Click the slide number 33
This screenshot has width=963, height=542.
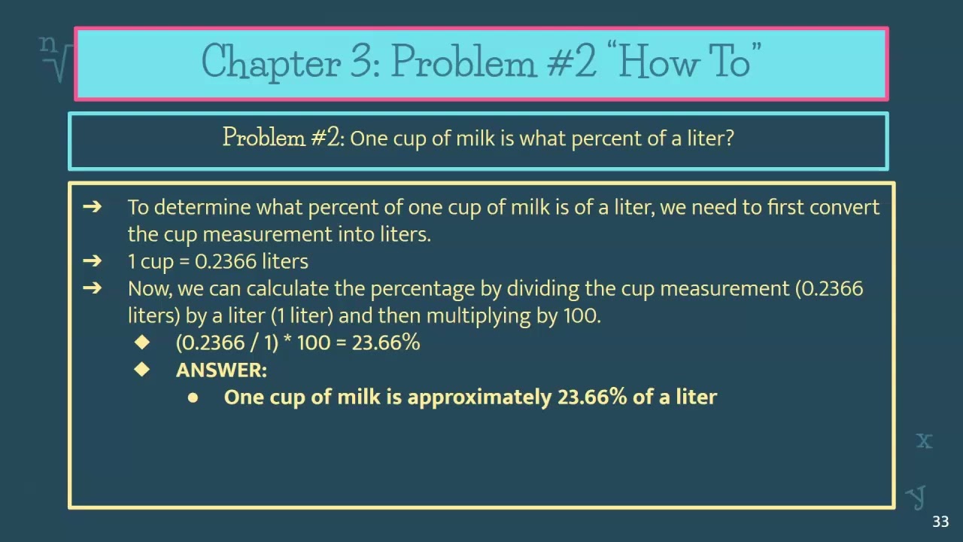(x=940, y=522)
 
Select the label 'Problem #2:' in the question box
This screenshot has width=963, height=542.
(x=283, y=138)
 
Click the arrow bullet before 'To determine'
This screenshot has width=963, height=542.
(x=92, y=207)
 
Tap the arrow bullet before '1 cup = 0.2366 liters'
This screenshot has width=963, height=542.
(x=92, y=261)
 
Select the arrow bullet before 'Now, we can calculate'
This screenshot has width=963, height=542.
(x=92, y=288)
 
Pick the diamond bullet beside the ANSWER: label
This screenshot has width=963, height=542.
(x=142, y=370)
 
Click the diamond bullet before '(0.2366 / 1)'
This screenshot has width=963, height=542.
(x=142, y=343)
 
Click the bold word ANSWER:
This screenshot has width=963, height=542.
(x=221, y=370)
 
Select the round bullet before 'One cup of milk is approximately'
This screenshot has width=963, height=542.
(x=193, y=397)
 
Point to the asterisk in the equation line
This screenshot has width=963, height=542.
(x=287, y=341)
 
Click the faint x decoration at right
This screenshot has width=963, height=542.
(x=924, y=440)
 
